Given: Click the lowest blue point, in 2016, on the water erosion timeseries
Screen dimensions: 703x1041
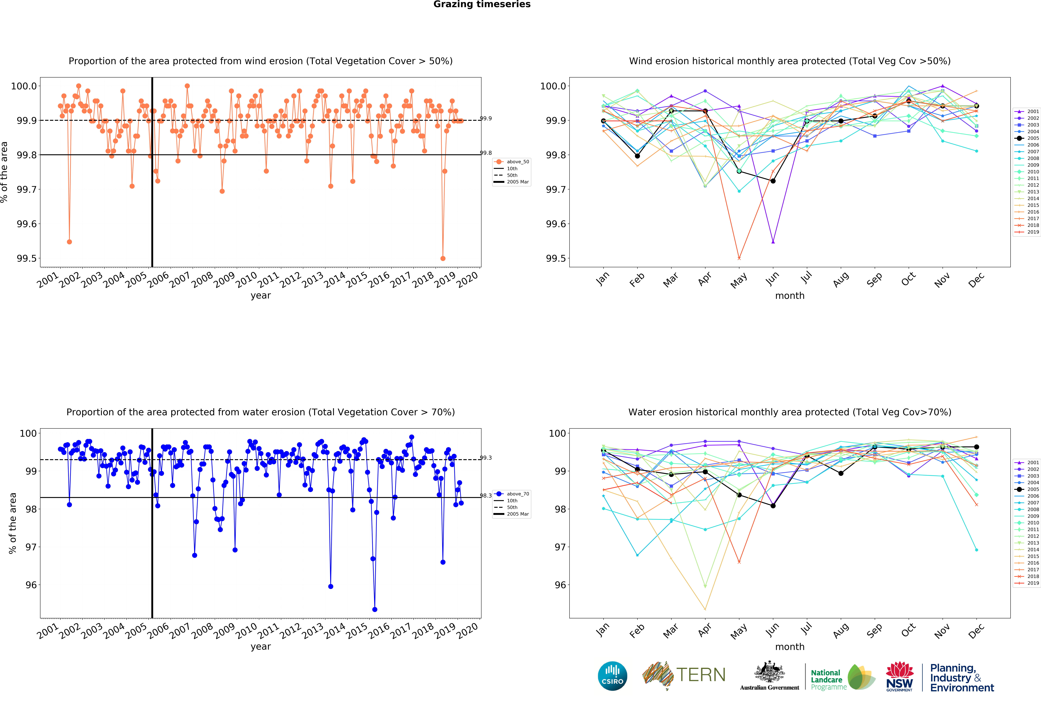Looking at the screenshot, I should [x=374, y=609].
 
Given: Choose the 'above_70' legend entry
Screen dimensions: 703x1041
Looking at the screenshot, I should [x=517, y=494].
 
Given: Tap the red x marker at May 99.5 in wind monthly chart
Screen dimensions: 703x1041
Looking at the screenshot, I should [x=739, y=258].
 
